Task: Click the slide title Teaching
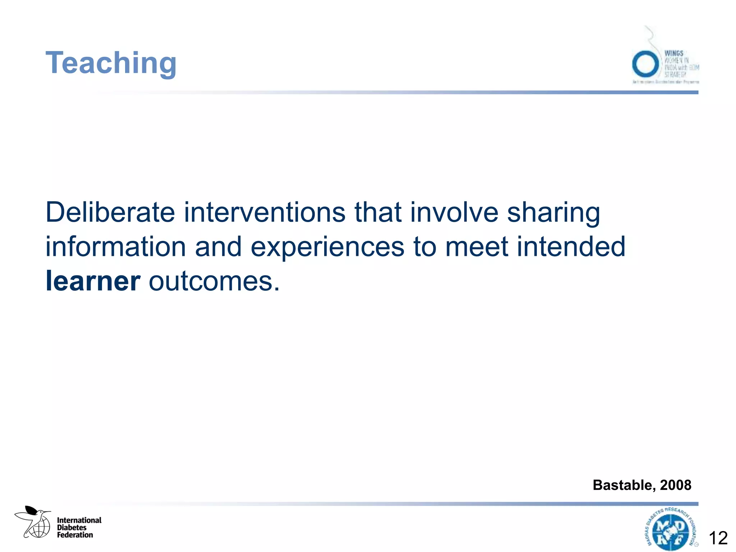pyautogui.click(x=111, y=63)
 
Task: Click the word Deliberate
pyautogui.click(x=110, y=212)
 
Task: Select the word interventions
pyautogui.click(x=265, y=212)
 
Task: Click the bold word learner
pyautogui.click(x=93, y=281)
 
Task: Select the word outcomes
pyautogui.click(x=214, y=281)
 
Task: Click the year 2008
pyautogui.click(x=676, y=485)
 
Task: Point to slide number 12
pyautogui.click(x=718, y=538)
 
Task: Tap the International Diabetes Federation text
pyautogui.click(x=79, y=527)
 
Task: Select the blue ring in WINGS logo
pyautogui.click(x=645, y=64)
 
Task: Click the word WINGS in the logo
pyautogui.click(x=673, y=54)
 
